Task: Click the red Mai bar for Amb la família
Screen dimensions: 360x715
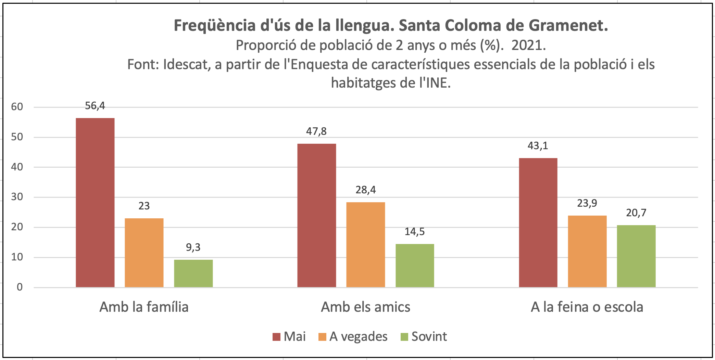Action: pyautogui.click(x=95, y=203)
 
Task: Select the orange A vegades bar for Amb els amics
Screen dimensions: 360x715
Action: pyautogui.click(x=365, y=245)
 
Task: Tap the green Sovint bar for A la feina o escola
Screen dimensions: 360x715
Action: pyautogui.click(x=636, y=256)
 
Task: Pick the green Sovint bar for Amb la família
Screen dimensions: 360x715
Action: pyautogui.click(x=193, y=273)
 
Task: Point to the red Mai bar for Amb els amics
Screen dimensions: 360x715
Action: pyautogui.click(x=316, y=215)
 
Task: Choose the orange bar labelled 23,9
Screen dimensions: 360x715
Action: pyautogui.click(x=587, y=251)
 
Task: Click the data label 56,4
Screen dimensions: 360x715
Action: pyautogui.click(x=95, y=106)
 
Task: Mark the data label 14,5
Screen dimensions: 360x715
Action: pyautogui.click(x=414, y=232)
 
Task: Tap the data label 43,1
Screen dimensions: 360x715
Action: pyautogui.click(x=538, y=146)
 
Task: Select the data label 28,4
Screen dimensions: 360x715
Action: pyautogui.click(x=365, y=190)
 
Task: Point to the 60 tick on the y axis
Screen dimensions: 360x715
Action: pyautogui.click(x=17, y=107)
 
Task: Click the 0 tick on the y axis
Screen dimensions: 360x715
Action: pyautogui.click(x=20, y=287)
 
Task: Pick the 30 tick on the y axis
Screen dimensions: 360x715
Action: pyautogui.click(x=17, y=197)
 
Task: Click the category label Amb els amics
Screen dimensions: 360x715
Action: pyautogui.click(x=365, y=307)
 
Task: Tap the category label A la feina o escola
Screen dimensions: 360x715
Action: pyautogui.click(x=587, y=307)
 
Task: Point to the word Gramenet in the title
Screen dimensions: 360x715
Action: pyautogui.click(x=568, y=25)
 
